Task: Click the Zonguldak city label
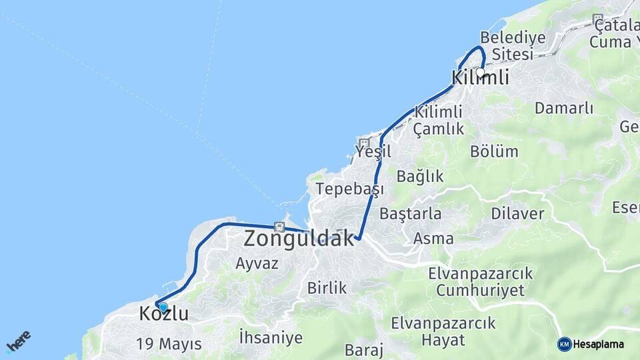pos(299,238)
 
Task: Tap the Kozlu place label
pos(164,314)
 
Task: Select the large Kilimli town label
pos(480,78)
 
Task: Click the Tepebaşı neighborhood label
pos(350,189)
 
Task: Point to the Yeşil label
pos(373,152)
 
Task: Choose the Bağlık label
pos(420,176)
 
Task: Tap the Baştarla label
pos(411,214)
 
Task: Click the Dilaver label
pos(517,214)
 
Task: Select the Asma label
pos(433,238)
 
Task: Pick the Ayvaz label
pos(257,263)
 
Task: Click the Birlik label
pos(327,288)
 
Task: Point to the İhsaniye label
pos(270,337)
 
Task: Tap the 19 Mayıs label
pos(169,344)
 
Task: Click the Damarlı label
pos(564,108)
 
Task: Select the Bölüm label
pos(494,151)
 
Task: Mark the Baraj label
pos(363,350)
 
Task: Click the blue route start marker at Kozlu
pos(163,307)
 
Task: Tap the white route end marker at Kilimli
pos(480,72)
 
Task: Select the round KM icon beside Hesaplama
pos(564,344)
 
